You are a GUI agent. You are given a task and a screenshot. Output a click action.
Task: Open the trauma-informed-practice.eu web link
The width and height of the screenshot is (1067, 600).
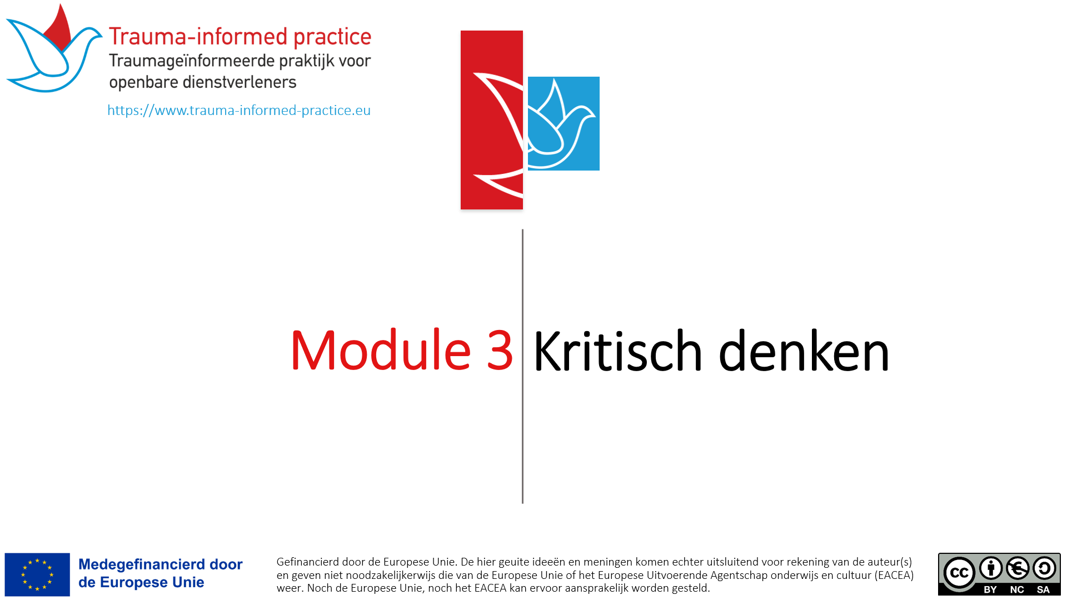239,110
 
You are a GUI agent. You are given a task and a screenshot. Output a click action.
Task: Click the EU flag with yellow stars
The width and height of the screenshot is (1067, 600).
37,574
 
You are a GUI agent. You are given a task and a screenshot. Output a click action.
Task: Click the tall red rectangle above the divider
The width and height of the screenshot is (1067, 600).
492,120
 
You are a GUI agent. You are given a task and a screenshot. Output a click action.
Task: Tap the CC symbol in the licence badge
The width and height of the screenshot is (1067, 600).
959,573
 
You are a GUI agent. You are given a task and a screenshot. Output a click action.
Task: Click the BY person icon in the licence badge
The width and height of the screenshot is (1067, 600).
991,568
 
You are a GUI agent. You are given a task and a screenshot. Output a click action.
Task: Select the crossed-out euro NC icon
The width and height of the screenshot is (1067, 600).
1018,568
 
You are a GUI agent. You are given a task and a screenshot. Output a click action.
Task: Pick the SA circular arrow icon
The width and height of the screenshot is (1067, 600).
1044,568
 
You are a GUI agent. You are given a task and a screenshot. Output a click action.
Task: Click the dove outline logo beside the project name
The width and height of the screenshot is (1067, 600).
54,48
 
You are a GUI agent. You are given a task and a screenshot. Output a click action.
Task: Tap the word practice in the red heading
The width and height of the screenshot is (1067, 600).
332,37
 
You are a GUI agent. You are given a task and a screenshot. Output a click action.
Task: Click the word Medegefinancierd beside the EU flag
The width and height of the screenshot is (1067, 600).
142,564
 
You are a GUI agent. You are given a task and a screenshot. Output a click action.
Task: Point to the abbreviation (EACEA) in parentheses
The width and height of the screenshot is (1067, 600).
894,576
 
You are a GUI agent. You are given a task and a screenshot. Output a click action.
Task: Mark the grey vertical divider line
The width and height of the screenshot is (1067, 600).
522,366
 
